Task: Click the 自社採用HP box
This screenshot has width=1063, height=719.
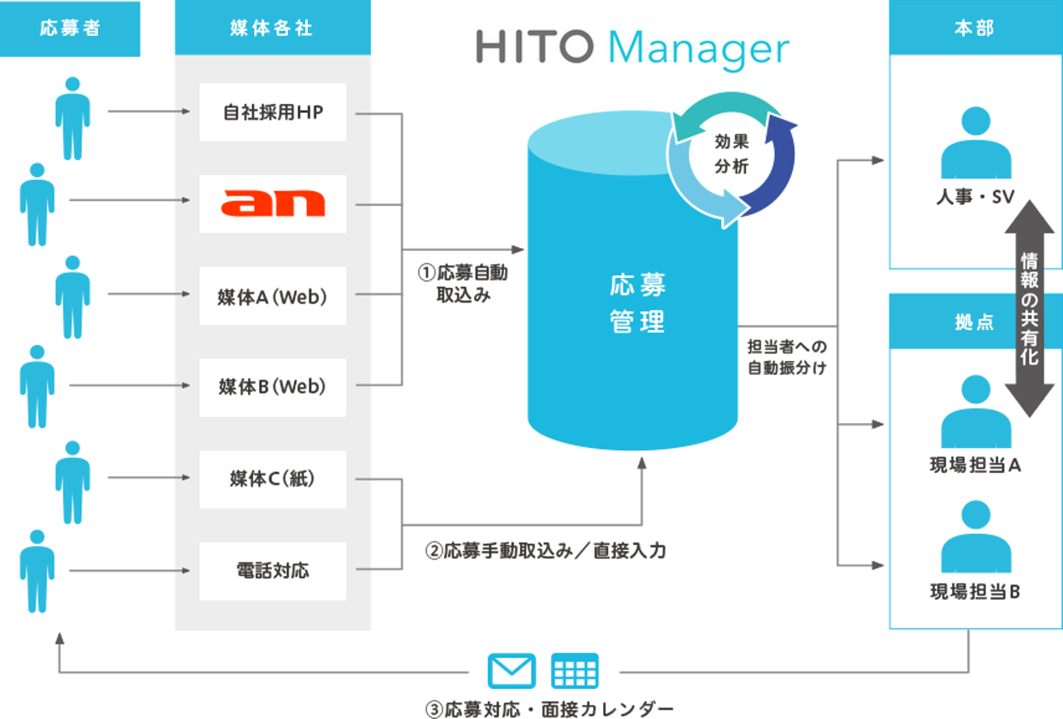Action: (273, 112)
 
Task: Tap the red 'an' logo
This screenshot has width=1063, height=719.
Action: (273, 203)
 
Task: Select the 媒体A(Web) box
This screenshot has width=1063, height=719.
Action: (273, 296)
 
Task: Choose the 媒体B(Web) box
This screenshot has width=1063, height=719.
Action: (273, 388)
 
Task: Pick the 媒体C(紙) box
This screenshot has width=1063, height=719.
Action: (273, 479)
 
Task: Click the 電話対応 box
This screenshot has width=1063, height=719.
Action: (273, 571)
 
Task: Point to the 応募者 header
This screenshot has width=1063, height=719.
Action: (69, 29)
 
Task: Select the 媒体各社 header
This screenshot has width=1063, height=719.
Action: (273, 27)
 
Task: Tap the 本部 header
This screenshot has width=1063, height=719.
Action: (975, 27)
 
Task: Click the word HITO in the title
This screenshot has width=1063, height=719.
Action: (534, 47)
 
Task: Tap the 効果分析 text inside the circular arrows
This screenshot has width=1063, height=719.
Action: (732, 154)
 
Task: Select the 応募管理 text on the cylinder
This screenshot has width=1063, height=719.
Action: (637, 303)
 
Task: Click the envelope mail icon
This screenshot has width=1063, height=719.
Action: (512, 670)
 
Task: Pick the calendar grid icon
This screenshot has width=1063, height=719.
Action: (574, 670)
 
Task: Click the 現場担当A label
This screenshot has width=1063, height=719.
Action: (975, 465)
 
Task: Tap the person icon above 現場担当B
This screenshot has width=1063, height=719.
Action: (976, 536)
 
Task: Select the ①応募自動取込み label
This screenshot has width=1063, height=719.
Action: (463, 283)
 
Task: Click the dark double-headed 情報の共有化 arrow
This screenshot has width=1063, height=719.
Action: (1029, 309)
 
